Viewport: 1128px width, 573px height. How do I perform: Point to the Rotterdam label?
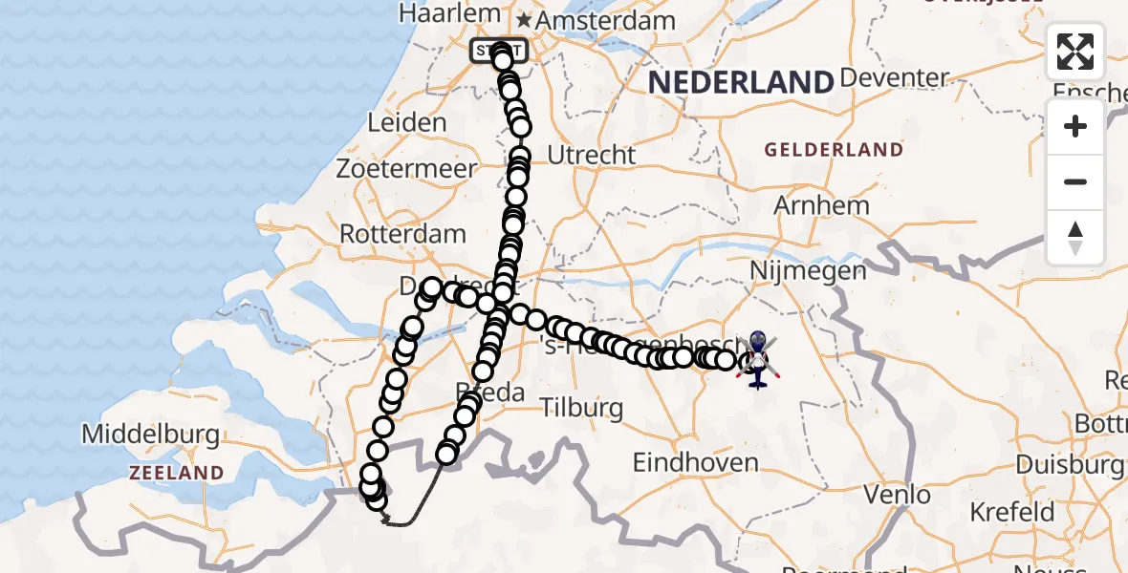[x=402, y=234]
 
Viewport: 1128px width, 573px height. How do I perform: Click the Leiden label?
[x=405, y=122]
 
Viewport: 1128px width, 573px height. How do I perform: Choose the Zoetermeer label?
[x=405, y=169]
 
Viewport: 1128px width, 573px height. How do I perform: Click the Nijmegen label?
[x=808, y=270]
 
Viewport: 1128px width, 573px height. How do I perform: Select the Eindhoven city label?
[x=695, y=463]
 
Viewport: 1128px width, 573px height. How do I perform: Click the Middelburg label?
[x=150, y=435]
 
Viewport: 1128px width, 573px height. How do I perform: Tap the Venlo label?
[x=897, y=495]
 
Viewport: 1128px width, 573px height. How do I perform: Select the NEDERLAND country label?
[x=741, y=83]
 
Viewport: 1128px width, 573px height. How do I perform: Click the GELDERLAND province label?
[x=833, y=150]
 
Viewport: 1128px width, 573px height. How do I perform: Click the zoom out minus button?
[x=1075, y=181]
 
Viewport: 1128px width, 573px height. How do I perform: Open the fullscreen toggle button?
[x=1075, y=52]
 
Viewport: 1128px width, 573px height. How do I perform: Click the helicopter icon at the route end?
[x=756, y=360]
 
